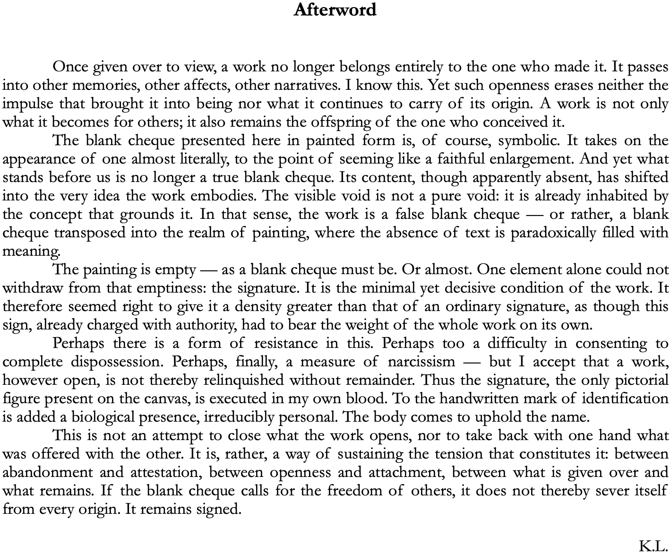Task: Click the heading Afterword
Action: [335, 10]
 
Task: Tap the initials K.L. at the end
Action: [653, 546]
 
